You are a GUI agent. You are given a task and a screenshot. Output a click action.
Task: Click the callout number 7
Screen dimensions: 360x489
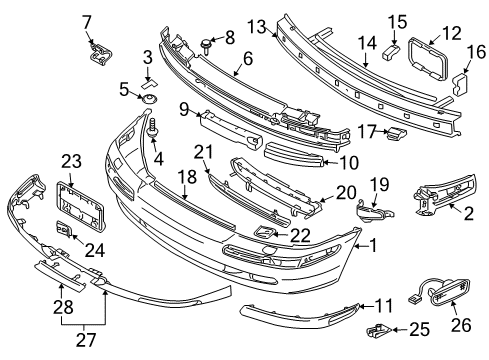86,21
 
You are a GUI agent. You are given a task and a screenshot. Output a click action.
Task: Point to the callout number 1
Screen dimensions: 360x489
374,245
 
